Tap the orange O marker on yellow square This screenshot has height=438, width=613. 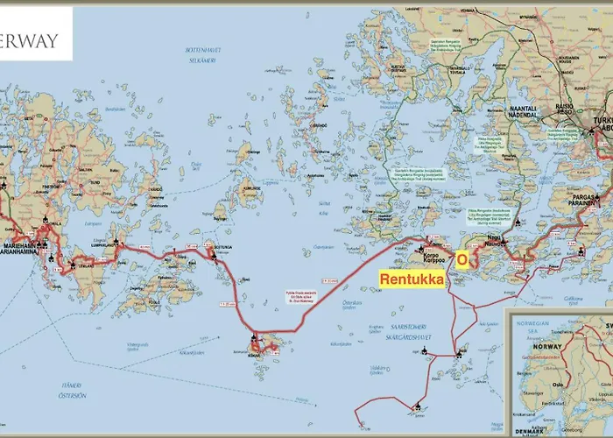tap(462, 259)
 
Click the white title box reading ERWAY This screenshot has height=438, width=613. tap(35, 40)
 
